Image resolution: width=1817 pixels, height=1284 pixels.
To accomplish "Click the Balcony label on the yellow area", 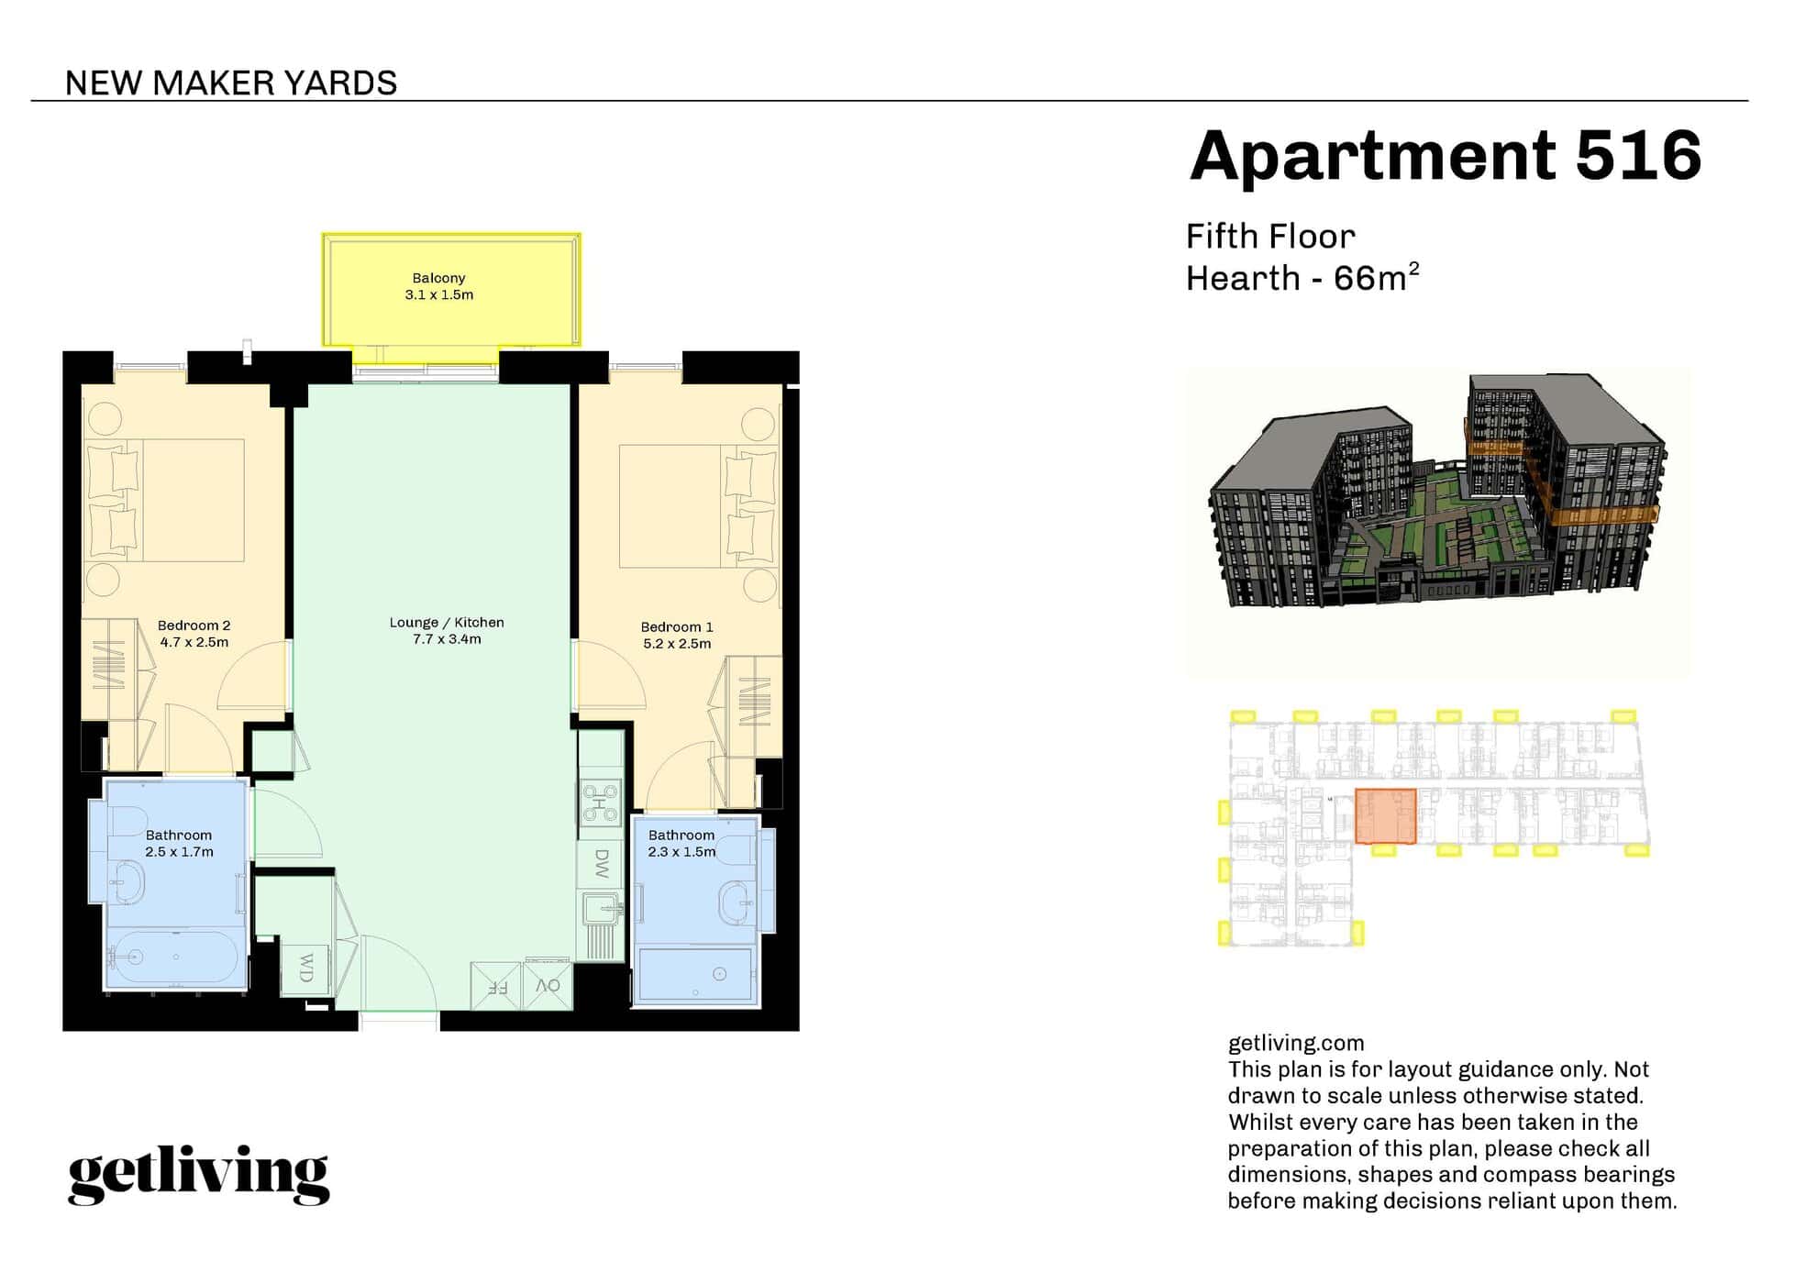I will click(438, 278).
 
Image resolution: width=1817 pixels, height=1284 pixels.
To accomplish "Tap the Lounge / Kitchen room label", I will click(447, 623).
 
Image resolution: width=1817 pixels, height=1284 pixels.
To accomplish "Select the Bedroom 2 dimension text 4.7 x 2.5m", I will click(194, 642).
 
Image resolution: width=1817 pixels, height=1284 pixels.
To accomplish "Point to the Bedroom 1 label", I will click(677, 627).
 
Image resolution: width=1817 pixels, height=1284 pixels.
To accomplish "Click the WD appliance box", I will click(305, 969).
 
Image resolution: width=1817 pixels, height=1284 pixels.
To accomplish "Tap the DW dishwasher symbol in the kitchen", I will click(601, 862).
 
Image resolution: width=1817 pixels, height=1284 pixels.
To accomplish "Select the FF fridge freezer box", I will click(495, 987).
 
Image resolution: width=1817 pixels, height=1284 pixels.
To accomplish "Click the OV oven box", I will click(548, 986).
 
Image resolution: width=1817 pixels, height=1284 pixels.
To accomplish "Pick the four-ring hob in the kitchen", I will click(601, 803).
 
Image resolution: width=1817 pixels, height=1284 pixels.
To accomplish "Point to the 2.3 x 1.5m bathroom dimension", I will click(681, 852).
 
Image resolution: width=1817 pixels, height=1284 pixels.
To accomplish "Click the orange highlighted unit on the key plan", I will click(1386, 815).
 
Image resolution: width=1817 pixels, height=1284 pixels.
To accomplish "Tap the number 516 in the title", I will click(1637, 156).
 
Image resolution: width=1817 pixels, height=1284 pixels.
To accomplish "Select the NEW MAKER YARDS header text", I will click(231, 83).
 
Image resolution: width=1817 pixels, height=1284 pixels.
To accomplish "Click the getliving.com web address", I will click(1295, 1043).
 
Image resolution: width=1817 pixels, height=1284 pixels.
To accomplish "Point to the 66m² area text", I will click(1376, 278).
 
